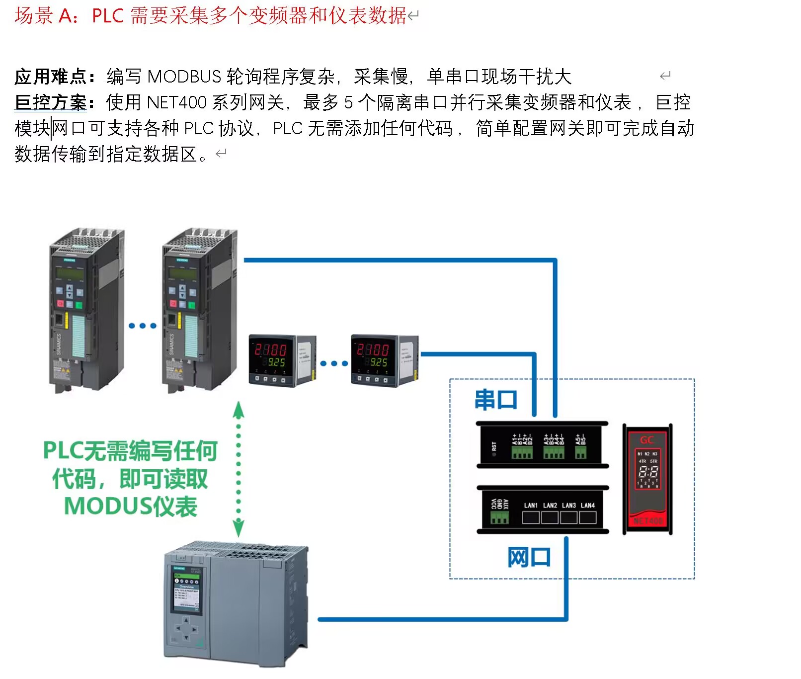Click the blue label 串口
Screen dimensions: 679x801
point(496,400)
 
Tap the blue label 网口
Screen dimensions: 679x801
point(529,557)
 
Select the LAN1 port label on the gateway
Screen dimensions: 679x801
point(531,506)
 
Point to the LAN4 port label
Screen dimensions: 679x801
point(588,506)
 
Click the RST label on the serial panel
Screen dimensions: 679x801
point(494,446)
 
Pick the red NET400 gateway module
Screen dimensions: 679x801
point(647,479)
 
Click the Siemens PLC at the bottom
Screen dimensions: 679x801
point(236,603)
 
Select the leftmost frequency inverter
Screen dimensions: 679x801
point(86,311)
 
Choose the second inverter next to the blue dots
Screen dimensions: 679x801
point(199,311)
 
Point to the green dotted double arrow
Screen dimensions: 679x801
point(239,469)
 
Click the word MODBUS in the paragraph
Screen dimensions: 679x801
point(184,77)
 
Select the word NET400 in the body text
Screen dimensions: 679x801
point(176,103)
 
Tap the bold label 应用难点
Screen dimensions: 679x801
point(51,77)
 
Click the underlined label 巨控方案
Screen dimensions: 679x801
point(51,103)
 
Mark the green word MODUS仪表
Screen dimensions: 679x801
point(131,507)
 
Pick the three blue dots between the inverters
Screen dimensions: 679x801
point(143,326)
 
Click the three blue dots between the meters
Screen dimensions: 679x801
point(334,364)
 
